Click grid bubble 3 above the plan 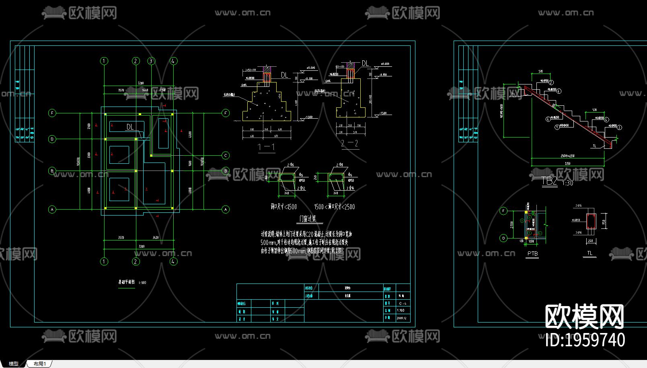point(151,61)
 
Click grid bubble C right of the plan point(226,155)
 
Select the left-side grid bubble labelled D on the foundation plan point(52,139)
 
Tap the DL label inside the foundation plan point(130,127)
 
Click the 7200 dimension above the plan point(140,83)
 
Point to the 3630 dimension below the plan point(155,238)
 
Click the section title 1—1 point(266,147)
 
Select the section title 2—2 point(349,144)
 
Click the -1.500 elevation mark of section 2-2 point(383,113)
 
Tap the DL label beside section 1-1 point(284,75)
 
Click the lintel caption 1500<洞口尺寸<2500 point(335,207)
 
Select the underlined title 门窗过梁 point(310,219)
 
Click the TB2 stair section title point(549,181)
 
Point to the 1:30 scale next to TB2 point(567,183)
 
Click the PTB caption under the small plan point(532,254)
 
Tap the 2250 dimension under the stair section point(567,164)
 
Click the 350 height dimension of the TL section point(604,222)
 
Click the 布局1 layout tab point(40,364)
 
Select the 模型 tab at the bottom point(14,364)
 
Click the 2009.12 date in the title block point(401,318)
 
